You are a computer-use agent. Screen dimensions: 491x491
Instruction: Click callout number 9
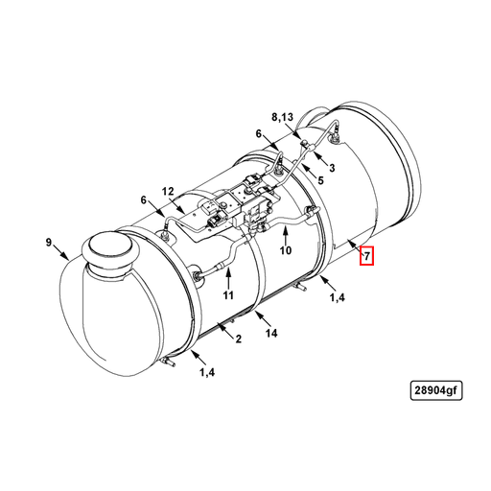tap(49, 242)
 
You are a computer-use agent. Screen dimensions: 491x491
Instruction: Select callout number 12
tap(168, 191)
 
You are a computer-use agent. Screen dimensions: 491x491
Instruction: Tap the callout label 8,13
tap(285, 117)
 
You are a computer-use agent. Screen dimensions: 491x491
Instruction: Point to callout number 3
tap(331, 168)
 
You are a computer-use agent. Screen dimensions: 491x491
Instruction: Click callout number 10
tap(285, 251)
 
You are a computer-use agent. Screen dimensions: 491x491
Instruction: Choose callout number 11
tap(229, 294)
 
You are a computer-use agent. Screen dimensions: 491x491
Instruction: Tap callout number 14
tap(271, 333)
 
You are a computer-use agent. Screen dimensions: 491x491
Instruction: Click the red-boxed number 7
tap(365, 256)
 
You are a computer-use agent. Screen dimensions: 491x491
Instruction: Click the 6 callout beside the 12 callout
tap(144, 200)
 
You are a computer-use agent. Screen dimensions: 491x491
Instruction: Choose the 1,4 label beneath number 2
tap(206, 371)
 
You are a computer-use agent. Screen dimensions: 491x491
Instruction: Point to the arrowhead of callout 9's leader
tap(67, 262)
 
